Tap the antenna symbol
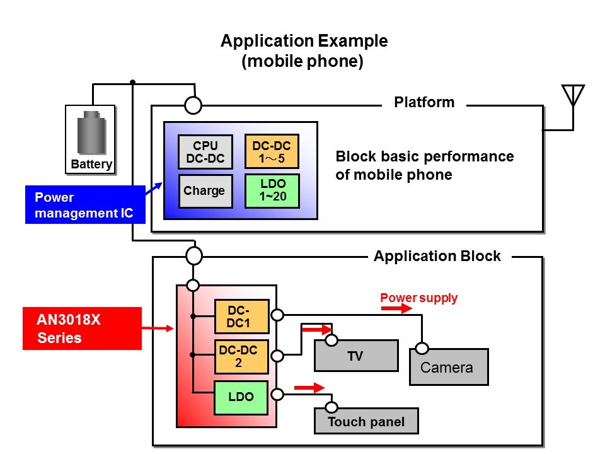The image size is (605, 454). click(x=572, y=96)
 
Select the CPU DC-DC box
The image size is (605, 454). click(x=205, y=152)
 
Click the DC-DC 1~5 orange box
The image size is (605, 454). click(x=272, y=152)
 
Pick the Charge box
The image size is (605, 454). click(x=205, y=190)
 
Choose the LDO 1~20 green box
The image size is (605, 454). click(x=272, y=190)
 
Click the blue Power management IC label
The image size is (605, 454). click(x=84, y=205)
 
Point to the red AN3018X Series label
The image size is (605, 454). click(x=82, y=329)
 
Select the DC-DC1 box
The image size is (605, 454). click(x=241, y=316)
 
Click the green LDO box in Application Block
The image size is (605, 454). click(x=241, y=397)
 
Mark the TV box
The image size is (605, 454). click(x=356, y=356)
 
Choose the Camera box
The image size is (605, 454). click(x=449, y=367)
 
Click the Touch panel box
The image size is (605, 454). click(x=366, y=422)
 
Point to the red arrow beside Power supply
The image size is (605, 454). click(x=396, y=309)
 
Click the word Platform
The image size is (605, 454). click(x=424, y=102)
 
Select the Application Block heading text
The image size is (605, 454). click(x=437, y=256)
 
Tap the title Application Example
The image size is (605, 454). click(x=304, y=42)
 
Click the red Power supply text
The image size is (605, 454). click(x=419, y=297)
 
